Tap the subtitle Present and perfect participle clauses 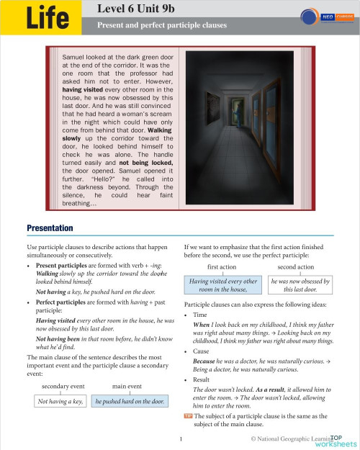(x=162, y=25)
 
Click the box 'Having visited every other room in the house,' (x=222, y=286)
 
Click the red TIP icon (x=188, y=416)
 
